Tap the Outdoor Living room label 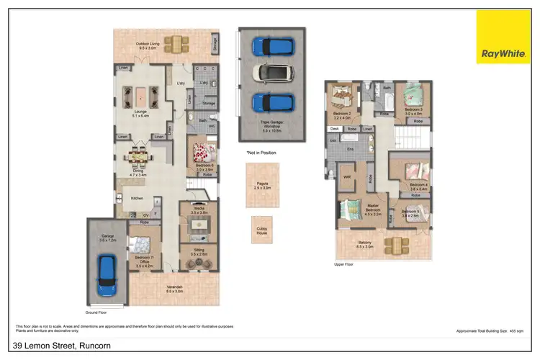(148, 45)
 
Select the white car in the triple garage (271, 74)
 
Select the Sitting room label (199, 252)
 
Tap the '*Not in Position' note (261, 153)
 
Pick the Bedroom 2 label (341, 114)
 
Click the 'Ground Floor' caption (96, 313)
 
